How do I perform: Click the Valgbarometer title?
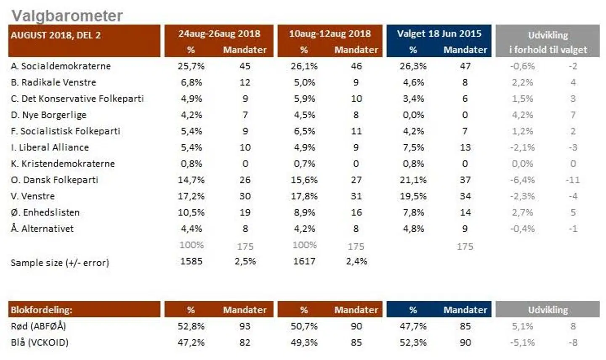pos(67,16)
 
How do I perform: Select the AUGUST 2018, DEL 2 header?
pos(56,35)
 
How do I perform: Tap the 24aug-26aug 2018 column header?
pos(219,34)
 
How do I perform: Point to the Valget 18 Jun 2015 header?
pos(439,34)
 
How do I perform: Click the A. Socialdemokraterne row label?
pos(61,66)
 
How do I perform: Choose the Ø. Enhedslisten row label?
pos(45,212)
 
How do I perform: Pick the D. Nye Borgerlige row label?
pos(48,115)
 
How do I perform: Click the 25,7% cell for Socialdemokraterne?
pos(191,66)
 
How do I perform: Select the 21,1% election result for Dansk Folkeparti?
pos(413,180)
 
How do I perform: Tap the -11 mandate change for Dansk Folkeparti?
pos(573,180)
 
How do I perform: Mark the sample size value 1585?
pos(191,261)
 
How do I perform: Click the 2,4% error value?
pos(356,261)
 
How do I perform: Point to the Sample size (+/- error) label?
pos(60,263)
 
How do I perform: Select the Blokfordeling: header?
pos(42,310)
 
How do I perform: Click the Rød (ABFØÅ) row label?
pos(38,326)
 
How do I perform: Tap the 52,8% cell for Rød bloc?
pos(191,326)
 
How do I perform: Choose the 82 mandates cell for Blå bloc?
pos(245,342)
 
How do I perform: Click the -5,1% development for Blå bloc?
pos(522,342)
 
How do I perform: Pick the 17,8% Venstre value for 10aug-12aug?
pos(304,196)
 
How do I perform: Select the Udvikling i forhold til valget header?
pos(548,42)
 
